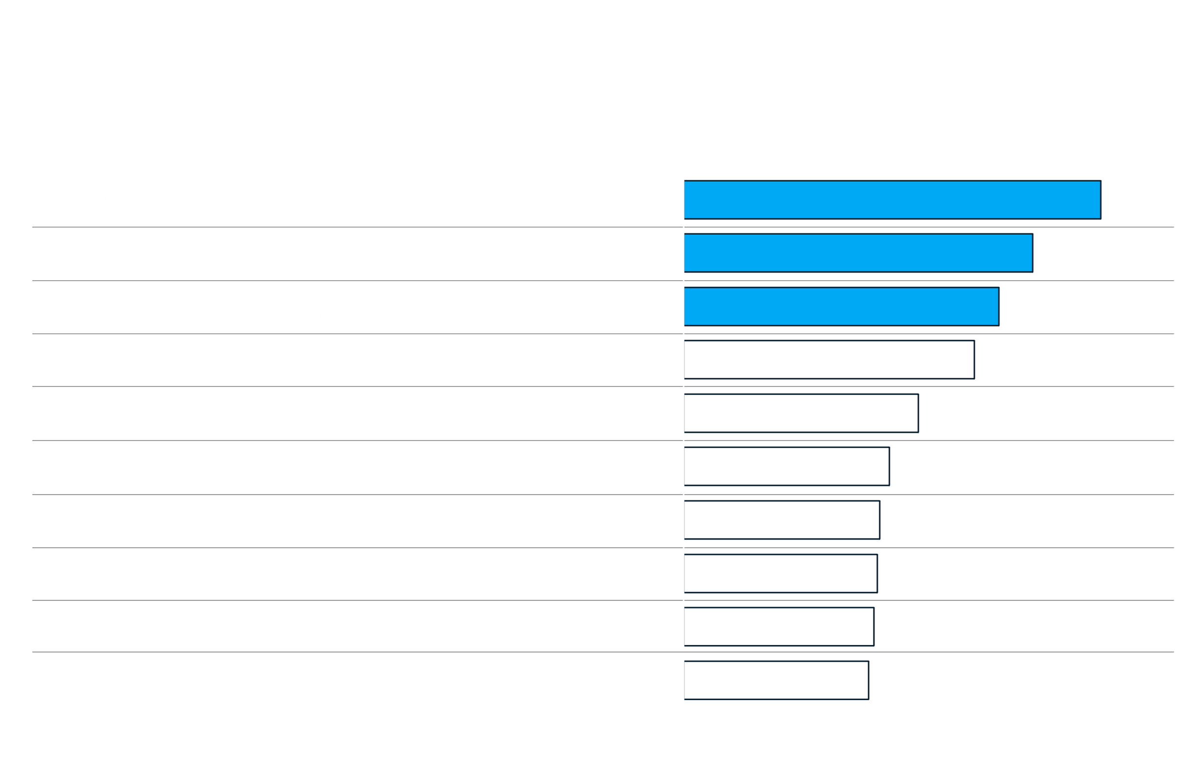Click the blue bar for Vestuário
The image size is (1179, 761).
[x=893, y=200]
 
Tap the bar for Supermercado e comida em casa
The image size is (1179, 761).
[x=842, y=307]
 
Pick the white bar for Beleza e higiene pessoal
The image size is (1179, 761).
[x=829, y=360]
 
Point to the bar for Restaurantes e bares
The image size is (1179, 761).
[x=801, y=413]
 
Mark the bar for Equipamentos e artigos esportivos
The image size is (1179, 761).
[x=776, y=680]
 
